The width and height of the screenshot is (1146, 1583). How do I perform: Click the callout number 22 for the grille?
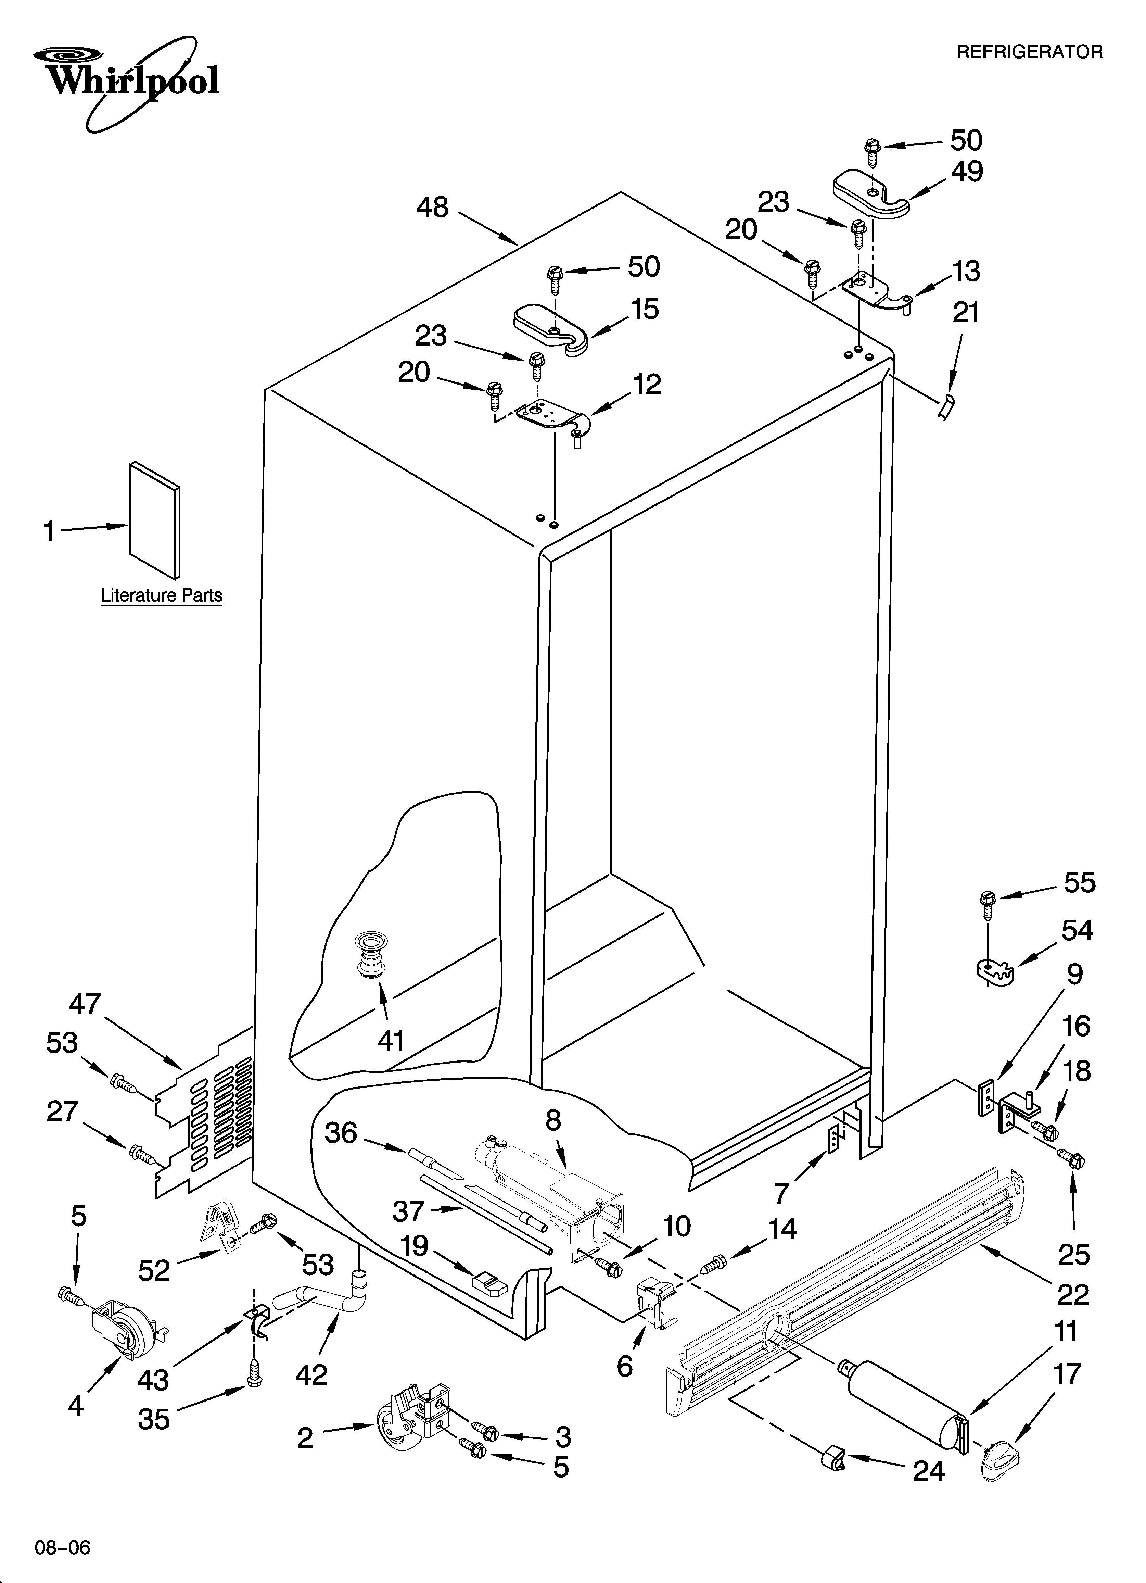1073,1295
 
